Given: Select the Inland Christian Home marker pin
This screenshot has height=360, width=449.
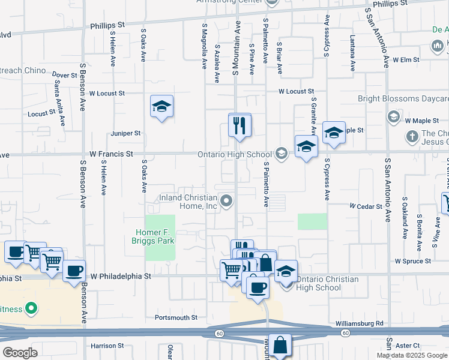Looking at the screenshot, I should click(x=226, y=201).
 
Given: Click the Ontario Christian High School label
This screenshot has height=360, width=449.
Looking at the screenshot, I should click(x=327, y=283).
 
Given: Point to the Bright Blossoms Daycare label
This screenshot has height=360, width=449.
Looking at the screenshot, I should click(x=403, y=98).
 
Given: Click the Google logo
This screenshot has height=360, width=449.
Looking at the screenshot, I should click(x=20, y=352).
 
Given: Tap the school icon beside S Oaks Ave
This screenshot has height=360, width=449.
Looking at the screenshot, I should click(x=161, y=106).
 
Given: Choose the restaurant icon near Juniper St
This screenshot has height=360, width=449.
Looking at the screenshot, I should click(x=239, y=125).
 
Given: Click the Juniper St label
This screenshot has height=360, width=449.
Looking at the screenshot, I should click(x=125, y=133).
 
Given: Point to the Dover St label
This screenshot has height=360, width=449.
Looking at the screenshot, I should click(x=65, y=75).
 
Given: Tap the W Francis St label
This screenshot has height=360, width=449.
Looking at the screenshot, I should click(x=111, y=154).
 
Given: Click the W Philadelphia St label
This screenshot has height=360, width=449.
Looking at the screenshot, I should click(x=119, y=277).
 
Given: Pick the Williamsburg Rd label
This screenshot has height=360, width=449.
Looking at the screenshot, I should click(x=360, y=323).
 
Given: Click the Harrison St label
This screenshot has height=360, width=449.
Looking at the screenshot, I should click(x=107, y=346).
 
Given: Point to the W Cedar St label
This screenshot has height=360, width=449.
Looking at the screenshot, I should click(x=366, y=206).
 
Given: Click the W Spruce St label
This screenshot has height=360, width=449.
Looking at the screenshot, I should click(x=413, y=261).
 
